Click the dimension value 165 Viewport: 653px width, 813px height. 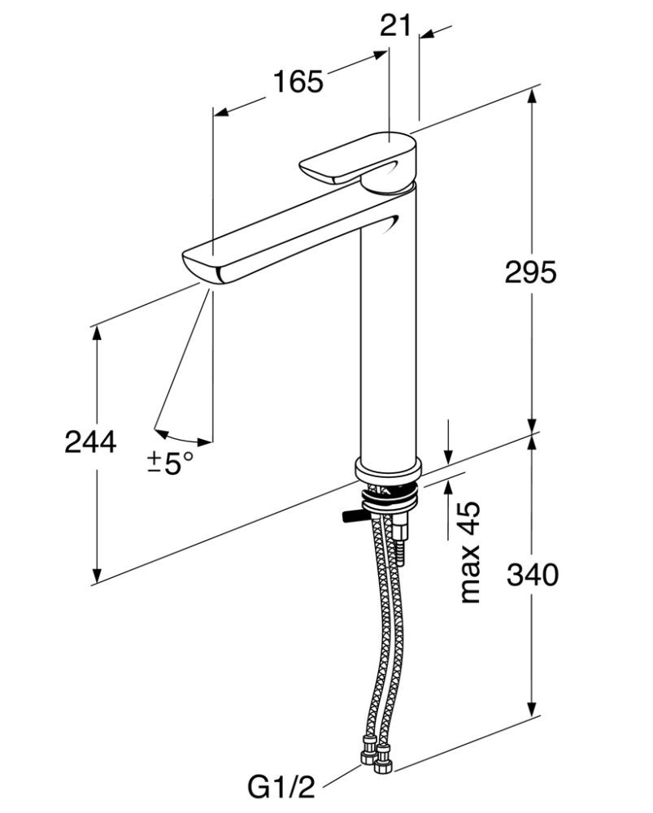click(298, 82)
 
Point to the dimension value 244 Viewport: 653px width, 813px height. click(91, 443)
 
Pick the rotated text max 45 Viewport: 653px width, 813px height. click(470, 552)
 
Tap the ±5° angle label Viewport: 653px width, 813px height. click(171, 463)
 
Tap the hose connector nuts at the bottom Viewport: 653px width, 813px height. click(376, 754)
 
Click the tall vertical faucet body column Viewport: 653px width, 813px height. click(388, 325)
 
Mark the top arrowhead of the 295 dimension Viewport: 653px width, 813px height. click(533, 96)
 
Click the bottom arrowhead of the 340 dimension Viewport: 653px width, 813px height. click(533, 710)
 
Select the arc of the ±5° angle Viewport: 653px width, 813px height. click(183, 437)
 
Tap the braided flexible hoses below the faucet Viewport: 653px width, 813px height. click(382, 634)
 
